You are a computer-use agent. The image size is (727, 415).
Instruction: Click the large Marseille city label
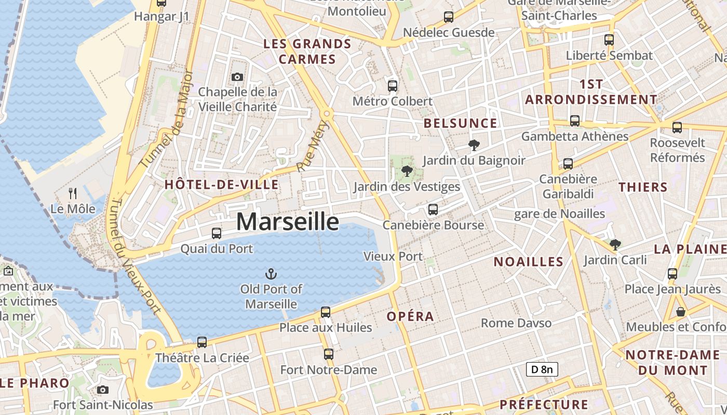288,222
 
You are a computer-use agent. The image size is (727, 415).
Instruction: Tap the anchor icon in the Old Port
270,273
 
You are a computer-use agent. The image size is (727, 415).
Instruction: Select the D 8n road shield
542,369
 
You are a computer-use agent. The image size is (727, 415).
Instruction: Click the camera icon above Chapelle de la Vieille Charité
237,77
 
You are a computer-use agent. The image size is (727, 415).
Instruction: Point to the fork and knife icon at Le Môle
73,193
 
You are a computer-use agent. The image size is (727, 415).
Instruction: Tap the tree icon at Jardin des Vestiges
407,171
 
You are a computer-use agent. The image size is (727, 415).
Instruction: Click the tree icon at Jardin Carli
615,244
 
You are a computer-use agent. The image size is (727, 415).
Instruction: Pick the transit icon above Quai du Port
217,233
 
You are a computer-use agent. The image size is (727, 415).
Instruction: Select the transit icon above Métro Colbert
393,86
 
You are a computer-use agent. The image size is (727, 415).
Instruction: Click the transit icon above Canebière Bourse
433,210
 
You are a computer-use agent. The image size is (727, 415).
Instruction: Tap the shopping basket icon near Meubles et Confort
681,312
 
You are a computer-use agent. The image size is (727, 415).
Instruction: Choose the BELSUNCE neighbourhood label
460,123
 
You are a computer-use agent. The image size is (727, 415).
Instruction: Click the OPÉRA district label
410,316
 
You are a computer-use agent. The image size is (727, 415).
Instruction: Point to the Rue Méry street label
314,146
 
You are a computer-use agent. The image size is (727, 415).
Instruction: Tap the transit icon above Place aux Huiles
326,312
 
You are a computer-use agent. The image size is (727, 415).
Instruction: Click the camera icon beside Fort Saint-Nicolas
103,390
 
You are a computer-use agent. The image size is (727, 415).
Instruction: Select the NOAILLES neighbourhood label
528,262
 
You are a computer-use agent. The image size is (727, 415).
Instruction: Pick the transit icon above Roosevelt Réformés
677,127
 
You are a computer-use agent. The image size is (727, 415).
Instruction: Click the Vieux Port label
393,256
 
